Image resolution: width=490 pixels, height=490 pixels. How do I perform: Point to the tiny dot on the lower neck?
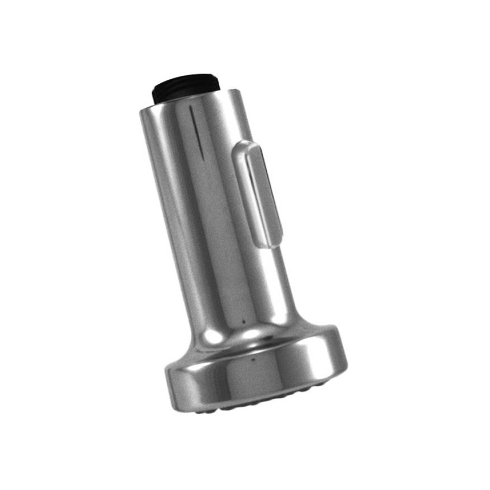point(243,322)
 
